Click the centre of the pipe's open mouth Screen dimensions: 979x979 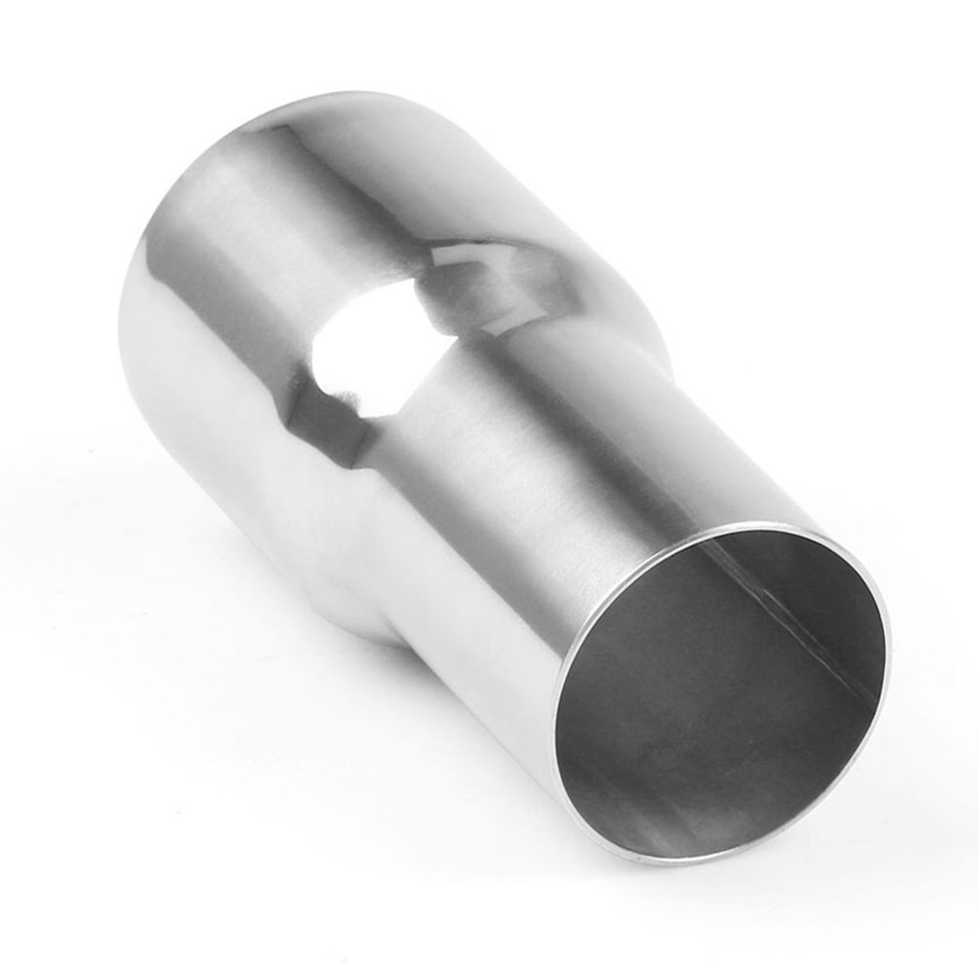(722, 693)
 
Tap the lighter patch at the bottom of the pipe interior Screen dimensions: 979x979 (679, 814)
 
